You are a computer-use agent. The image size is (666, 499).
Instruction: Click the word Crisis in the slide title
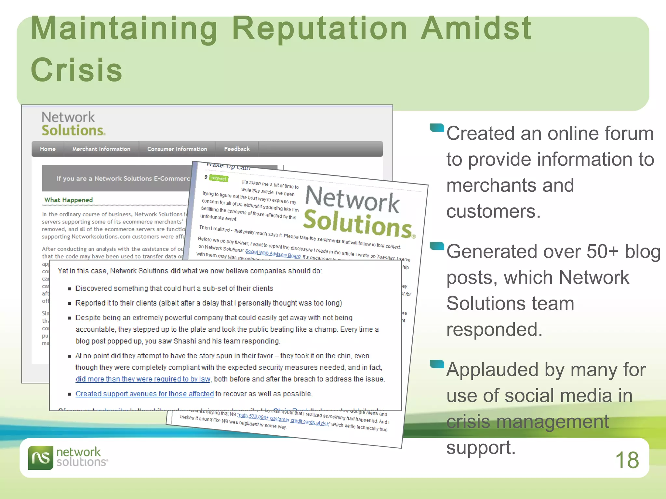pos(76,70)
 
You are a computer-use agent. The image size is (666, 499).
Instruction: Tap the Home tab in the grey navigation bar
pos(48,149)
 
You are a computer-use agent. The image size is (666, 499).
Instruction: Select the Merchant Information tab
pos(101,149)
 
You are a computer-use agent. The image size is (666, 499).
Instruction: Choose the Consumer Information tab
pos(177,149)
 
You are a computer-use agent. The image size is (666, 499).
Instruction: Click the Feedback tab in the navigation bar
pos(237,149)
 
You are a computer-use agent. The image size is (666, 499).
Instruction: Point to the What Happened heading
pos(69,200)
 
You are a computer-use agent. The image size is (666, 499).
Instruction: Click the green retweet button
pos(219,178)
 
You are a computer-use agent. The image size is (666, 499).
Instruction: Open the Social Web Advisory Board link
pos(273,254)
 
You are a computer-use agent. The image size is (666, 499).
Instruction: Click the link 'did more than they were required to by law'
pos(143,379)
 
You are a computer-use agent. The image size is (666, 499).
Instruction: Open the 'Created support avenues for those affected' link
pos(145,394)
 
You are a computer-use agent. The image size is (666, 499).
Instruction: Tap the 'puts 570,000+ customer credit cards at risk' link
pos(283,419)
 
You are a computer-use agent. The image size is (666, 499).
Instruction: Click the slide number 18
pos(627,460)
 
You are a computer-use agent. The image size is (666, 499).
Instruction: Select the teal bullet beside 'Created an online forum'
pos(437,128)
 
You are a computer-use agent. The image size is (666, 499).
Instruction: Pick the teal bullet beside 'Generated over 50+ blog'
pos(437,246)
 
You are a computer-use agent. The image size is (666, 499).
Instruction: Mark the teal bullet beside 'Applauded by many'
pos(437,364)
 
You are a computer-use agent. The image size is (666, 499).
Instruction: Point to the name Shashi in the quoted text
pos(185,341)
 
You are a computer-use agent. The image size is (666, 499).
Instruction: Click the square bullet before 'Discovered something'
pos(69,289)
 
